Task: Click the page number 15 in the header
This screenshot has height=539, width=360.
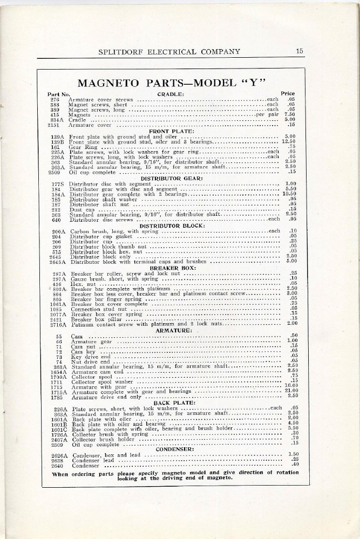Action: [x=300, y=52]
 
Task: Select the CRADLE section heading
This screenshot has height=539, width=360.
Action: [x=171, y=94]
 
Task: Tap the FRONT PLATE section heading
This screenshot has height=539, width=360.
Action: [x=170, y=131]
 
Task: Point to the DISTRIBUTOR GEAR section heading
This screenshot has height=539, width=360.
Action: [x=172, y=178]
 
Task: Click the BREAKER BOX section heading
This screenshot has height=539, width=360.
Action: [x=172, y=268]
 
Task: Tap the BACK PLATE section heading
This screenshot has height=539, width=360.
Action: [x=172, y=402]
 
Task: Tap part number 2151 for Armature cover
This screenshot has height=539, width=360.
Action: [x=57, y=124]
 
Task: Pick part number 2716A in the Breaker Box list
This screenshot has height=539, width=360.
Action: [x=57, y=324]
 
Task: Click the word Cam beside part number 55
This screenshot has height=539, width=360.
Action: [x=77, y=336]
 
